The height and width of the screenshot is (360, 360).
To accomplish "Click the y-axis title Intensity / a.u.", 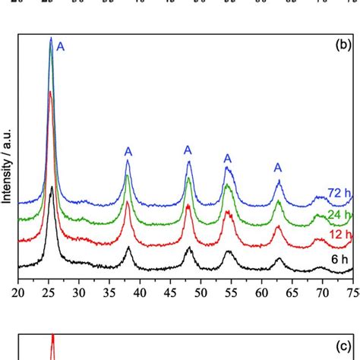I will coord(7,164).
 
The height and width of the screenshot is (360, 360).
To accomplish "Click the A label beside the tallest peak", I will coord(61,47).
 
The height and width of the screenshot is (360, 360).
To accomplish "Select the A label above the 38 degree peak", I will coord(128,152).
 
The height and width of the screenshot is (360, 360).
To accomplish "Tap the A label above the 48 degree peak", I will coord(188,150).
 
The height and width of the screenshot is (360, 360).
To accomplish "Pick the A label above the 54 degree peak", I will coord(227,158).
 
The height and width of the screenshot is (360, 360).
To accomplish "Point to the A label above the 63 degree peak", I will coord(278,167).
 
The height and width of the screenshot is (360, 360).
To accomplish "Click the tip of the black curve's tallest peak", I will coord(51,186).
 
